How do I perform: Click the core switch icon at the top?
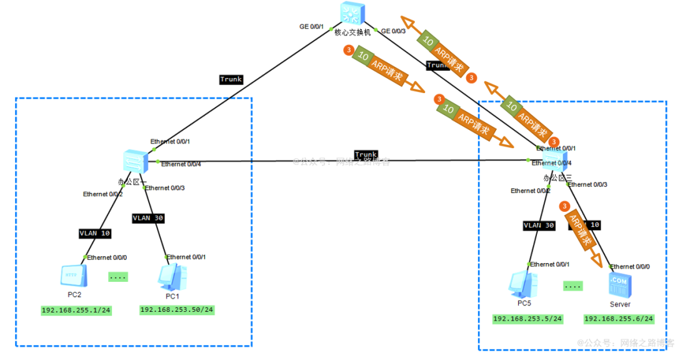[x=352, y=13]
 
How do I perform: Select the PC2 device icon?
[x=74, y=275]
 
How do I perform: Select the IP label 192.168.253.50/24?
[x=177, y=310]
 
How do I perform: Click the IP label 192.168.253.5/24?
[x=527, y=319]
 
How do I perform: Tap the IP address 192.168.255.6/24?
[x=619, y=319]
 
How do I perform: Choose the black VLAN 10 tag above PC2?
[x=95, y=233]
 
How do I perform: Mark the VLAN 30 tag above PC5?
[x=538, y=226]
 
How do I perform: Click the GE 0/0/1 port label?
[x=312, y=26]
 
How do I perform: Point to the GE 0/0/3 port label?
[x=393, y=31]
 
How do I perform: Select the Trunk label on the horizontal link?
[x=366, y=154]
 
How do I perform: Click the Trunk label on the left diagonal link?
[x=231, y=79]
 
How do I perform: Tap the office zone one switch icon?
[x=135, y=161]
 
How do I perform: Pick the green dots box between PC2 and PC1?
[x=118, y=276]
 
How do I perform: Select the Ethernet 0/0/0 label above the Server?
[x=630, y=266]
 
